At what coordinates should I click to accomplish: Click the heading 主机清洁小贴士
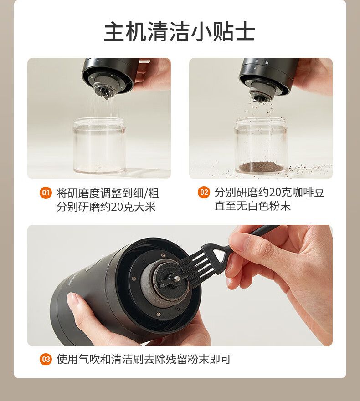[180, 32]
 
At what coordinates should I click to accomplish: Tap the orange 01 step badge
[46, 193]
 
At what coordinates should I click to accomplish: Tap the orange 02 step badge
[204, 192]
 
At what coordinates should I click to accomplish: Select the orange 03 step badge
[46, 359]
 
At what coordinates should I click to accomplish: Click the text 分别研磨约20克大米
[106, 207]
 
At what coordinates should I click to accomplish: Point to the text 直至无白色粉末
[253, 206]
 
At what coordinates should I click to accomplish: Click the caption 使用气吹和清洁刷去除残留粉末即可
[144, 359]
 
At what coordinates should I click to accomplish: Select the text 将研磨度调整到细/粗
[108, 193]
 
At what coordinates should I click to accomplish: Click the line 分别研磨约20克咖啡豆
[270, 193]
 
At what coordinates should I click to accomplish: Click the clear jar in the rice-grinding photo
[99, 145]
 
